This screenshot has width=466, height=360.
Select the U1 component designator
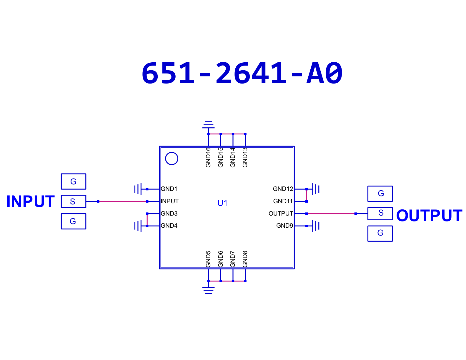222,203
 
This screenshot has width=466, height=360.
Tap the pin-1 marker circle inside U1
172,159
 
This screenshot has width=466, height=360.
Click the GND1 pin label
169,189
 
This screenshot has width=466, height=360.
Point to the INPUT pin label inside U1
170,201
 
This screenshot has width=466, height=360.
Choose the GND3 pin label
169,213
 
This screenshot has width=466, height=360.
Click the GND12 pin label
283,189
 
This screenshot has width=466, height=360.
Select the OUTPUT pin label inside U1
281,213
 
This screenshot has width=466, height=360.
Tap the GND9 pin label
284,226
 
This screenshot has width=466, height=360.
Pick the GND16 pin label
208,157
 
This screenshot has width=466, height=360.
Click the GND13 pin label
245,157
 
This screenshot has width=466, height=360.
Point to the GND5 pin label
208,259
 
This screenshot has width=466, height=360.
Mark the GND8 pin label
245,259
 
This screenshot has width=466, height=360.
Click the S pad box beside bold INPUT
74,201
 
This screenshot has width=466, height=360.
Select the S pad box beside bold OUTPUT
380,214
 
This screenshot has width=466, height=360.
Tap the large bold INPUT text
31,201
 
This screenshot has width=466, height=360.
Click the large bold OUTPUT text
429,216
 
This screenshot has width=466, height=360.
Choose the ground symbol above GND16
209,125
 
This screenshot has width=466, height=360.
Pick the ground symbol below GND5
209,290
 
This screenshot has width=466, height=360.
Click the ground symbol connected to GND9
316,226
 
